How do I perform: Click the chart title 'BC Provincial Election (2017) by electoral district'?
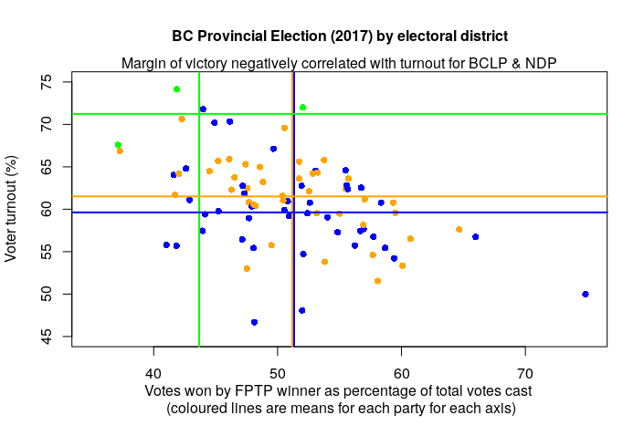point(339,36)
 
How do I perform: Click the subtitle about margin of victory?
point(339,64)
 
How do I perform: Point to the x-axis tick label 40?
point(153,374)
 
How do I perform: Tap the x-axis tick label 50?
point(278,374)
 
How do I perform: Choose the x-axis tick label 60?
point(401,374)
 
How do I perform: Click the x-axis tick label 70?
point(525,374)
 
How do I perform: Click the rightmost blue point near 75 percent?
point(586,294)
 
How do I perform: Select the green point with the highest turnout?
point(176,89)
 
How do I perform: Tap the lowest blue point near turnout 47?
point(254,322)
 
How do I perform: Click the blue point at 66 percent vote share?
point(476,237)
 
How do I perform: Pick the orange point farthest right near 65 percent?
point(459,230)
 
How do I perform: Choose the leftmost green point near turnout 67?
point(118,145)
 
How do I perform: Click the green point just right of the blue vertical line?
point(302,107)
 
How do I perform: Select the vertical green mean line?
point(199,274)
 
